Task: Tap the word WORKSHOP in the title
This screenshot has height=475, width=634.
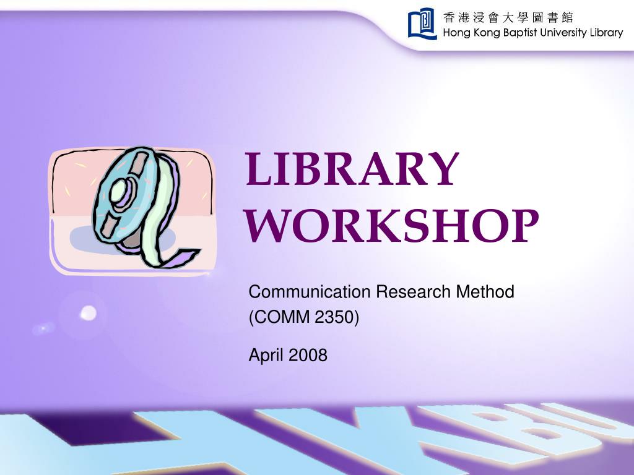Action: pos(392,225)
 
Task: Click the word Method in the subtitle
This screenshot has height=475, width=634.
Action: pos(485,291)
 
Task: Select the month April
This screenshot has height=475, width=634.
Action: pos(266,355)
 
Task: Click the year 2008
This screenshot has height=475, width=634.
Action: pos(307,355)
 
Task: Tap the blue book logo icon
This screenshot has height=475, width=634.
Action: pos(422,24)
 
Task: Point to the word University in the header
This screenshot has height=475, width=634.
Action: pos(563,33)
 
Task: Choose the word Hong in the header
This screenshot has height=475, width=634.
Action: pos(456,33)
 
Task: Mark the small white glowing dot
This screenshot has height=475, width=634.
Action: pos(89,313)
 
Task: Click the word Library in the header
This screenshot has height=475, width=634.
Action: pos(606,33)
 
